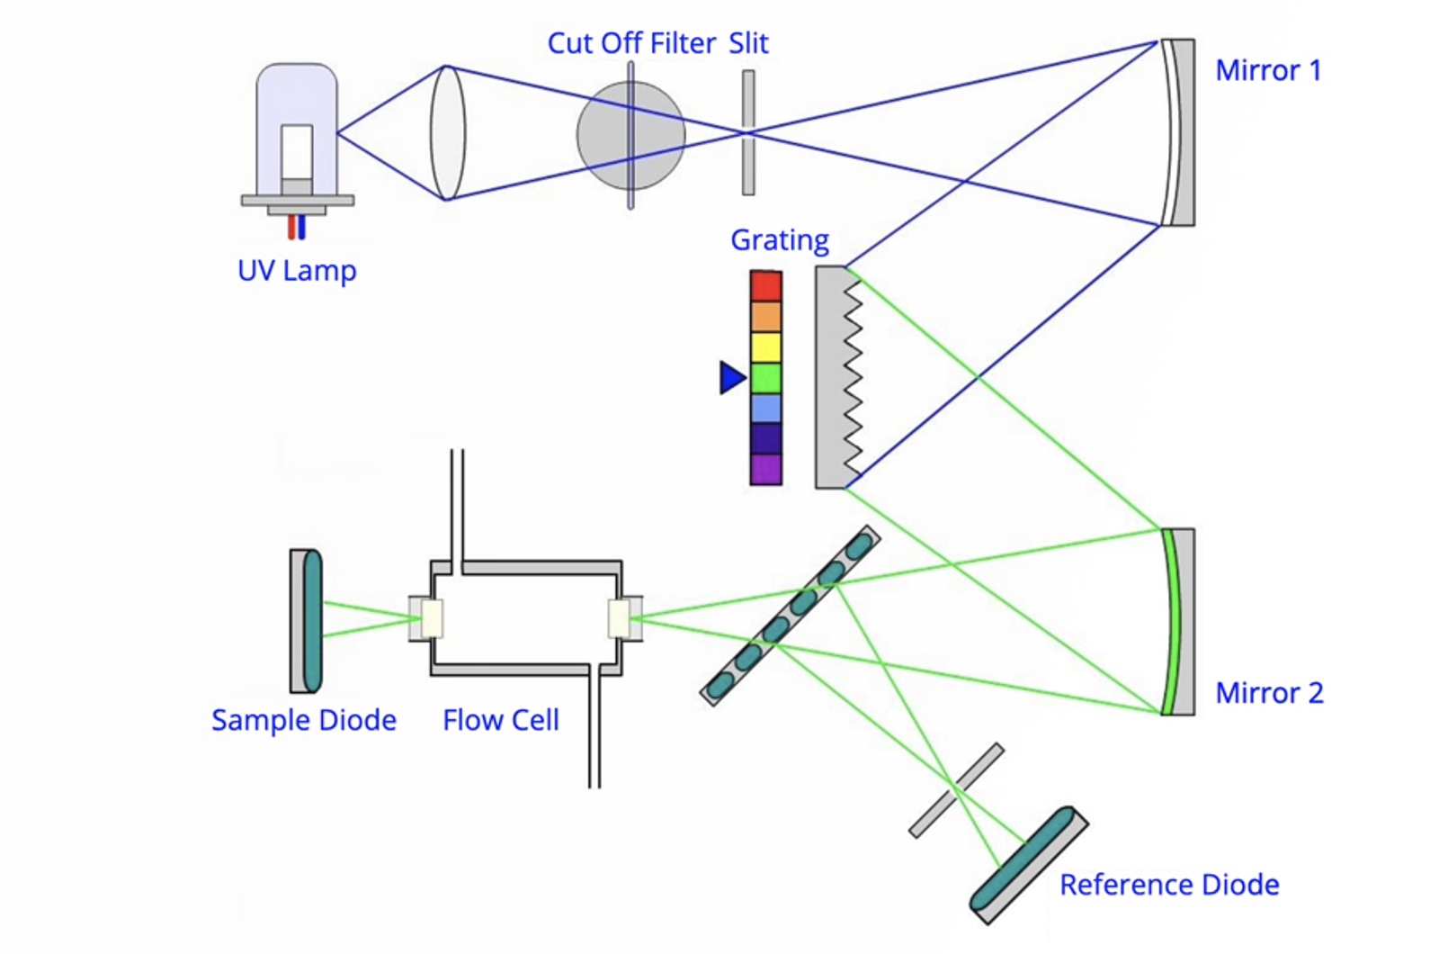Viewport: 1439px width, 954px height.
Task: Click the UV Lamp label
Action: tap(297, 271)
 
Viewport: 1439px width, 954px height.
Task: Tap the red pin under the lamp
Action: tap(291, 227)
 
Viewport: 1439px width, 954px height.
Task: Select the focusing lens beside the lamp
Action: tap(447, 132)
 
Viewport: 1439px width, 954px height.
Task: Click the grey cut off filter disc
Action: tap(603, 135)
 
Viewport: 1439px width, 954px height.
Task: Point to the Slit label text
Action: tap(748, 43)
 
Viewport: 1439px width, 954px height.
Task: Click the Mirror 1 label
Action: tap(1268, 71)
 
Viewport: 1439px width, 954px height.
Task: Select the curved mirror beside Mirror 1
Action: tap(1172, 132)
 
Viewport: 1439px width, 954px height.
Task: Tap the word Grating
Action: tap(780, 240)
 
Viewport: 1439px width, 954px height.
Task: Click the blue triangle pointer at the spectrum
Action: tap(731, 378)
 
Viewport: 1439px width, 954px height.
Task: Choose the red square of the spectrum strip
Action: tap(765, 286)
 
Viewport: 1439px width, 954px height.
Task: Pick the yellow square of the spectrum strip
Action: tap(765, 347)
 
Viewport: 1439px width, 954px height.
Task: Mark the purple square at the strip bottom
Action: tap(765, 470)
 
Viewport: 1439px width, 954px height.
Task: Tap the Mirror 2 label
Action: tap(1269, 693)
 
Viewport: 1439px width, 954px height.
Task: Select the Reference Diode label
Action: tap(1169, 885)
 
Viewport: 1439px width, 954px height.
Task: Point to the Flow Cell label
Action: tap(501, 720)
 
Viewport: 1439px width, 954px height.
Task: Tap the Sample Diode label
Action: tap(304, 720)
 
